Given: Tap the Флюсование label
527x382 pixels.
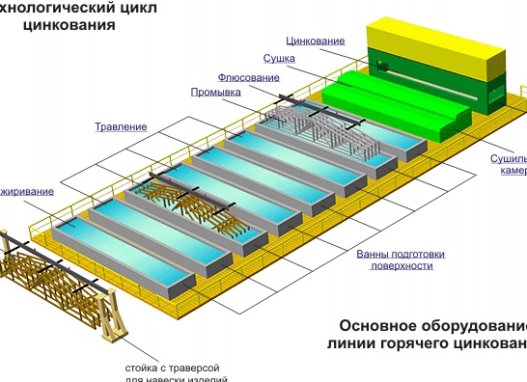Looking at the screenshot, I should (243, 76).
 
